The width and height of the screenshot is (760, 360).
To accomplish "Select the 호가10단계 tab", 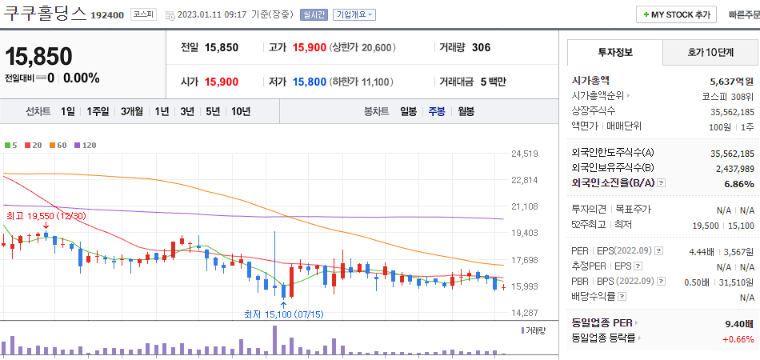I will [710, 52].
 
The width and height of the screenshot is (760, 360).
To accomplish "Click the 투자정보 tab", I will [614, 52].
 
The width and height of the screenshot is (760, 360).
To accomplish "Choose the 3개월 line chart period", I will [131, 111].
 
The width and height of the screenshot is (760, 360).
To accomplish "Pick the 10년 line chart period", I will [240, 111].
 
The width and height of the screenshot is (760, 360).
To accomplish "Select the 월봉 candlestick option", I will [466, 111].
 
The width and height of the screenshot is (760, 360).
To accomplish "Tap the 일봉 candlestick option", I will [408, 111].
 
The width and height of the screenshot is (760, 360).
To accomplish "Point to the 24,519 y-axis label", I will [524, 153].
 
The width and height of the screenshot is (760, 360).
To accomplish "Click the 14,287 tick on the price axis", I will [524, 313].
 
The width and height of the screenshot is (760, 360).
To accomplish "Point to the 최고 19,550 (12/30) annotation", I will [46, 216].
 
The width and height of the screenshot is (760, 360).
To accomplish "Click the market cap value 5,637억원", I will [731, 81].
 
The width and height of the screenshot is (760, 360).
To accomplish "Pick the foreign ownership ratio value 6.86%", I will [738, 183].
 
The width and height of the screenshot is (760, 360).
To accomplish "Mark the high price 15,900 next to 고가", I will [309, 47].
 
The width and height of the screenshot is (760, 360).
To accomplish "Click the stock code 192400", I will [106, 15].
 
